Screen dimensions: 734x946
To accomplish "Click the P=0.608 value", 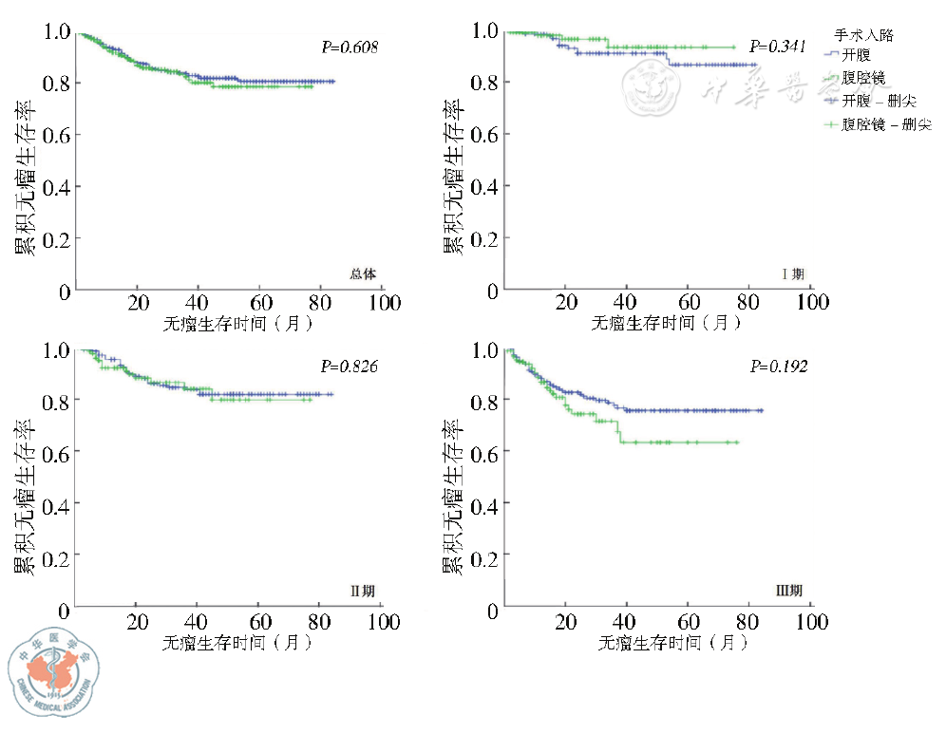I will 348,47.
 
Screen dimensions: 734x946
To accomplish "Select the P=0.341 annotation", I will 778,47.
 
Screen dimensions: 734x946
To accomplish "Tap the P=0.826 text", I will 348,366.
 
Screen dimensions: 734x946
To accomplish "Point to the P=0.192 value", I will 779,366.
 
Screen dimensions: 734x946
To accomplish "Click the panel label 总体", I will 363,274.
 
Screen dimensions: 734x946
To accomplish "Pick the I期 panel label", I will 792,274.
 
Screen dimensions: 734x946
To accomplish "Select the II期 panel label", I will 363,592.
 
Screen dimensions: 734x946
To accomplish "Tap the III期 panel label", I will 790,592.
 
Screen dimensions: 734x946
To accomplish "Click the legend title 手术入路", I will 869,35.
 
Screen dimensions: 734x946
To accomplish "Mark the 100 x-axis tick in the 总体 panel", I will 384,303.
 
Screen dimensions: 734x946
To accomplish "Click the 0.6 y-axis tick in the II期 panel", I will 58,452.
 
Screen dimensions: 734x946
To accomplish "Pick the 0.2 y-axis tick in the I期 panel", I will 485,238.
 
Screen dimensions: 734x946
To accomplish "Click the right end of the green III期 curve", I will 737,442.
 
